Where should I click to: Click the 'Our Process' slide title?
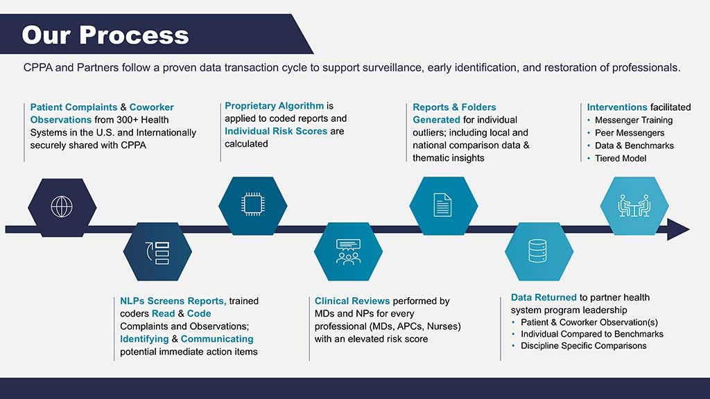105,35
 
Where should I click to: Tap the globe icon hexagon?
62,207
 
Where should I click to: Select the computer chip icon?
252,204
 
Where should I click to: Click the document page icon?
442,205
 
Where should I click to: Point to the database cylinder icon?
537,251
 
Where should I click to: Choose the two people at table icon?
634,206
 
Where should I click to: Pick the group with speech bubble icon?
348,251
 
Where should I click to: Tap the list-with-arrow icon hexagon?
157,251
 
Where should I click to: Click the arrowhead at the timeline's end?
678,229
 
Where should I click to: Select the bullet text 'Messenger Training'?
634,121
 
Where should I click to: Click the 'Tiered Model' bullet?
621,159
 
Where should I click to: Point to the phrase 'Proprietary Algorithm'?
275,106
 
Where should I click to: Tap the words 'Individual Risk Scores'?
276,131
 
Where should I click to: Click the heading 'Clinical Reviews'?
352,301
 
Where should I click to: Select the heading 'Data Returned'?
544,297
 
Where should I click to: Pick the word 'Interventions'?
617,107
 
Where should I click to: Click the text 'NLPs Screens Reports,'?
173,301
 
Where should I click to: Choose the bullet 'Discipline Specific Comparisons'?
584,346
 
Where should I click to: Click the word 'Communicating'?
217,339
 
